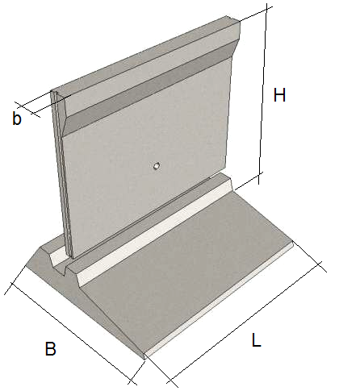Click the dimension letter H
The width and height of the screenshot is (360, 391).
(x=279, y=94)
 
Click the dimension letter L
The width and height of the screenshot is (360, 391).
(x=257, y=339)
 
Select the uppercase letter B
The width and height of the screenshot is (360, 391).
(x=50, y=348)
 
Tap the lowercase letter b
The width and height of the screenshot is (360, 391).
(x=17, y=118)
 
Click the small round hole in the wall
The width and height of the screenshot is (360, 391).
(x=157, y=165)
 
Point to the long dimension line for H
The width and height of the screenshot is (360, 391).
(x=263, y=94)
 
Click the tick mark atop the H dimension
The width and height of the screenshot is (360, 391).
(x=267, y=10)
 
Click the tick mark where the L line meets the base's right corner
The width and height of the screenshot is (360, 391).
(x=320, y=264)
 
